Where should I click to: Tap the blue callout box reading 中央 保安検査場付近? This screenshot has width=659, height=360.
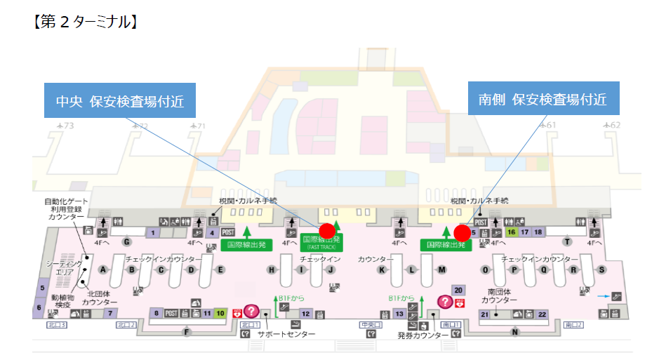point(120,101)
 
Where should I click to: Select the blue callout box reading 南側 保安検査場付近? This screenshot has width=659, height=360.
point(543,99)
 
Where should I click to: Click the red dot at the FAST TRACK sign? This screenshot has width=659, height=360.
point(326,229)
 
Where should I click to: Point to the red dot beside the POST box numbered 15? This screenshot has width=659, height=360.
point(462,232)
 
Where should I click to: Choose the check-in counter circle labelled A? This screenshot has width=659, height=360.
point(103,269)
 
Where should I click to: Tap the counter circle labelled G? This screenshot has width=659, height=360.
point(127,242)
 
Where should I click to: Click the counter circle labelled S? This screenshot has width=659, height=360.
point(601,269)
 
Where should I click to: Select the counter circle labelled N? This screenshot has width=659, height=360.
point(514,332)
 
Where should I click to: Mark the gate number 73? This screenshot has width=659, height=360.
point(68,126)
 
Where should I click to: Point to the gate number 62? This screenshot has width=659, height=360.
point(615,126)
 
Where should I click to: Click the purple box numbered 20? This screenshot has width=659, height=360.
point(458,290)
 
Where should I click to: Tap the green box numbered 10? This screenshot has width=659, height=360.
point(220,314)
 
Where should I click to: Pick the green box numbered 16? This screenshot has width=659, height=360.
point(512,232)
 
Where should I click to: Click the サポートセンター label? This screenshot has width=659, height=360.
point(286,334)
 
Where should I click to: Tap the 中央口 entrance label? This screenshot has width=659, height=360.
point(368,325)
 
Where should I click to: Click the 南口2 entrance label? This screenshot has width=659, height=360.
point(574,325)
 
